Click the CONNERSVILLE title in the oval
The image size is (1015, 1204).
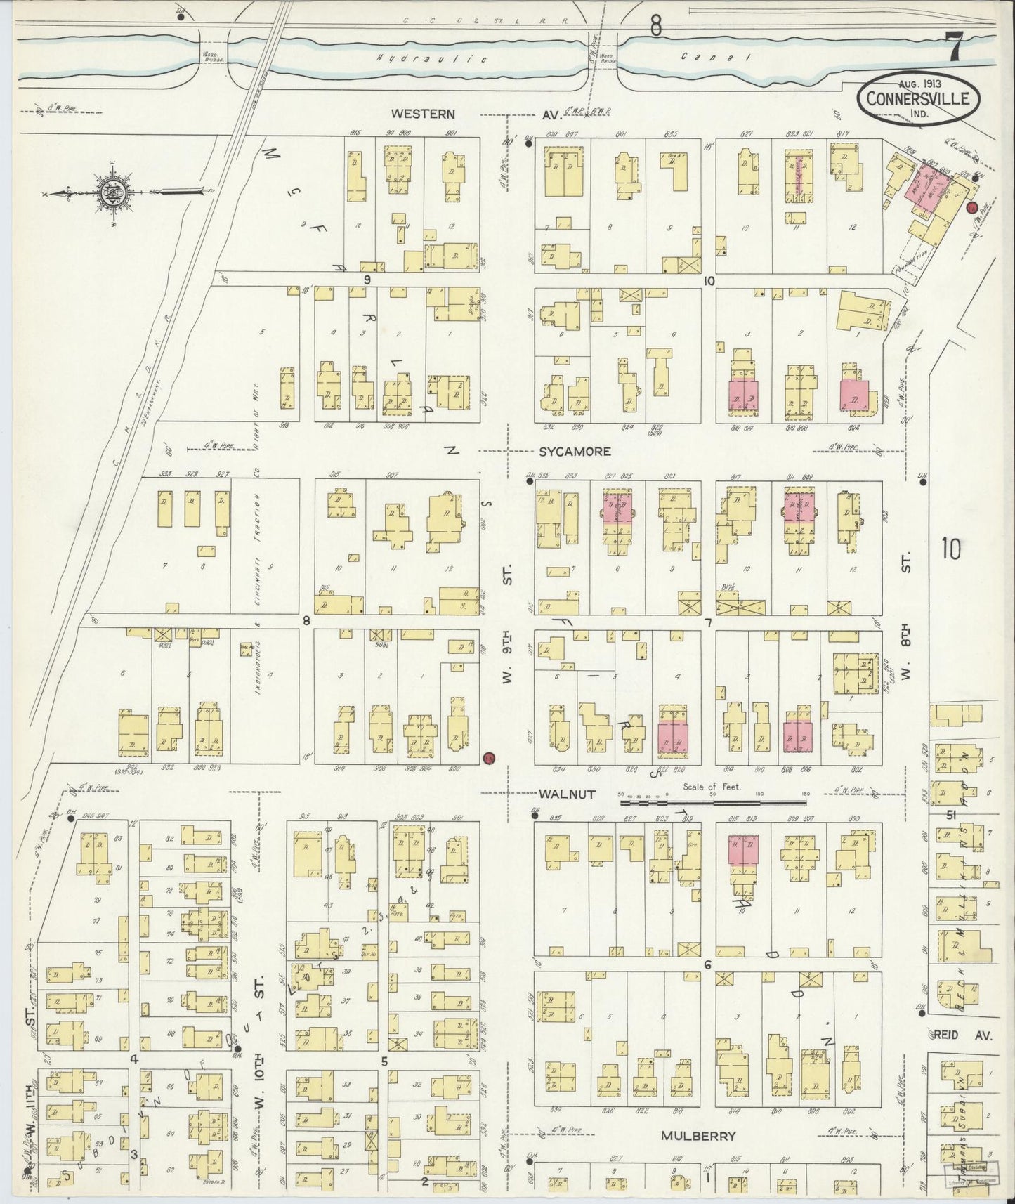click(x=917, y=99)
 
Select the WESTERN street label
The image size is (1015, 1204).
click(x=424, y=114)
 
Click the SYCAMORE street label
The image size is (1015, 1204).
click(x=575, y=452)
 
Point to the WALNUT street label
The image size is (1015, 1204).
click(x=568, y=794)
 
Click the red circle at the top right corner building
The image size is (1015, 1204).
click(x=972, y=207)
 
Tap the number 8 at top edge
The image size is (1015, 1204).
click(x=655, y=27)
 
